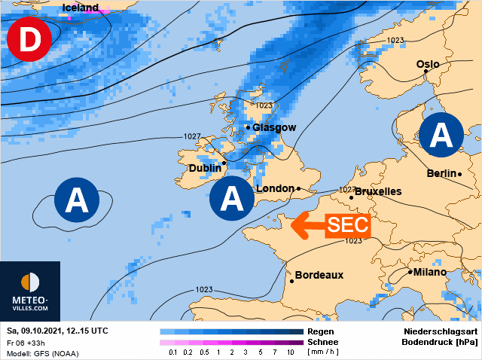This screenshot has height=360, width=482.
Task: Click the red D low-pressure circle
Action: (29, 40)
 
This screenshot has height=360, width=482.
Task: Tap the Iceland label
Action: (81, 8)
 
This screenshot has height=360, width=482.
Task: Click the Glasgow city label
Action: (274, 127)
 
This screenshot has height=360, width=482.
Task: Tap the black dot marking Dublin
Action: (224, 162)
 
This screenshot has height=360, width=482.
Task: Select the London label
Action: (275, 188)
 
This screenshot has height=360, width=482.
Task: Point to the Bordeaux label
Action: (319, 275)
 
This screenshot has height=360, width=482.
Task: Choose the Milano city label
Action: (429, 272)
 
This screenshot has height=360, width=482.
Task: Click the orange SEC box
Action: (349, 224)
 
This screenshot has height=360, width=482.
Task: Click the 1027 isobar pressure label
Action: (193, 136)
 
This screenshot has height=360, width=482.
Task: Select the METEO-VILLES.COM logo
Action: (30, 293)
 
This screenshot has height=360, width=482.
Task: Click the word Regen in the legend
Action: (321, 331)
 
